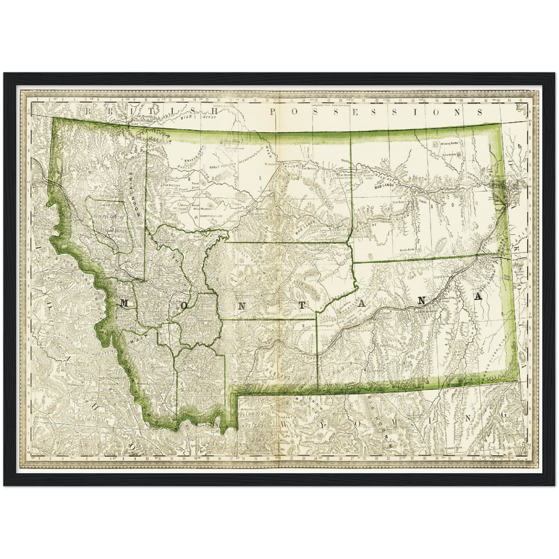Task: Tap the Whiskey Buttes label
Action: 449,144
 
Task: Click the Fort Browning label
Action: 345,175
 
